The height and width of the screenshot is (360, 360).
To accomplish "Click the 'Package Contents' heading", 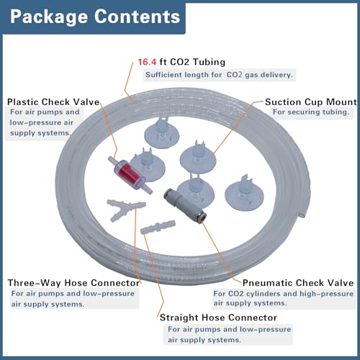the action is pyautogui.click(x=95, y=17).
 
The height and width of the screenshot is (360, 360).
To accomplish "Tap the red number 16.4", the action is pyautogui.click(x=147, y=62).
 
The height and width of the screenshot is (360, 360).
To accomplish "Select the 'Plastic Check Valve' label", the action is pyautogui.click(x=53, y=102).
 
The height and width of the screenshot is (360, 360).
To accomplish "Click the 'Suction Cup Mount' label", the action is pyautogui.click(x=311, y=102).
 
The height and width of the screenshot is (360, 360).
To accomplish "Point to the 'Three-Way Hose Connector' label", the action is pyautogui.click(x=73, y=283).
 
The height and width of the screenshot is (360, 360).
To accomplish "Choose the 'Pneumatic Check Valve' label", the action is pyautogui.click(x=298, y=283).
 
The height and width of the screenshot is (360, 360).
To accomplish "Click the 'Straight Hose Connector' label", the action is pyautogui.click(x=218, y=318).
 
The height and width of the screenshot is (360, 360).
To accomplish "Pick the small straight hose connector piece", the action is pyautogui.click(x=158, y=227).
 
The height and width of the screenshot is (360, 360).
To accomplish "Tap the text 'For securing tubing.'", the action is pyautogui.click(x=311, y=112).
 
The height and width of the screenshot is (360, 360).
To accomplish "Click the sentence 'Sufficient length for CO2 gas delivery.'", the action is pyautogui.click(x=219, y=75).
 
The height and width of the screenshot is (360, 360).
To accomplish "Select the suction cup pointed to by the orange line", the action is pyautogui.click(x=198, y=157).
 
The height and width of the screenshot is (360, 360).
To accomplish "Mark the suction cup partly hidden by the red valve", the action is pyautogui.click(x=149, y=165).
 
